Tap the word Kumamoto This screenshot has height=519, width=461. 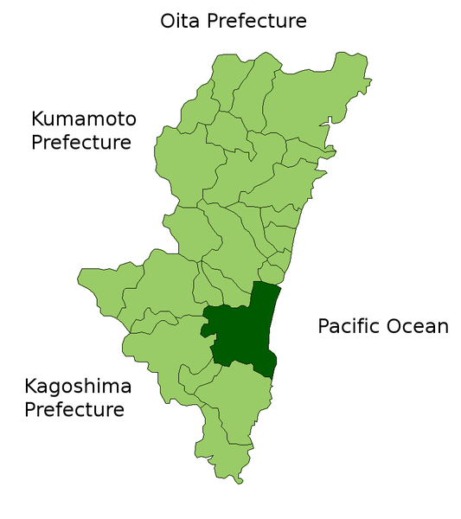click(x=84, y=119)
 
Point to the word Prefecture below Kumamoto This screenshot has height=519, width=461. click(x=81, y=141)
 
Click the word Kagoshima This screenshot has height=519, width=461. click(x=77, y=386)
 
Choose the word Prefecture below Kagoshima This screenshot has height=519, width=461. click(x=74, y=408)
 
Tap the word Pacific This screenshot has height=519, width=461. click(x=350, y=326)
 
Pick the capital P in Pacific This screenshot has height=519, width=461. click(x=324, y=326)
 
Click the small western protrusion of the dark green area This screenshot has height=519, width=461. click(x=205, y=330)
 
